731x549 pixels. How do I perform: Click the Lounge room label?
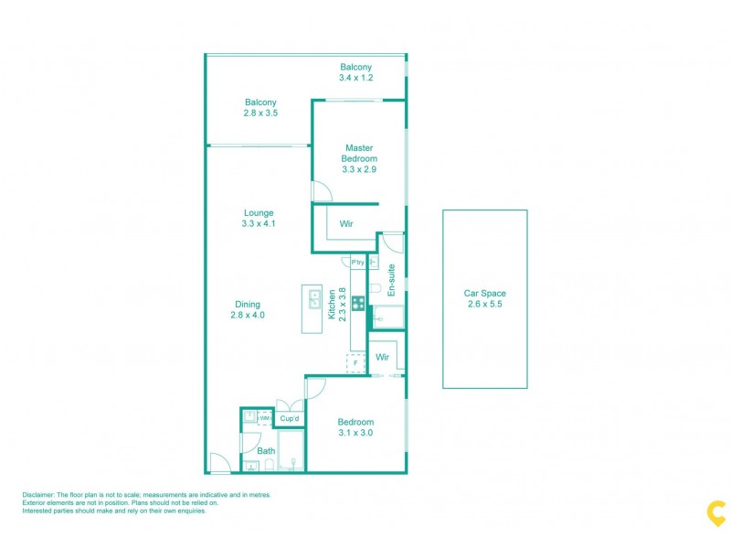point(259,218)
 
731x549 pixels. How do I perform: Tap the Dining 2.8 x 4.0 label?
point(247,310)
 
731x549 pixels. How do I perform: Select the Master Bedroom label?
point(359,157)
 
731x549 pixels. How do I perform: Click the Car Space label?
point(484,298)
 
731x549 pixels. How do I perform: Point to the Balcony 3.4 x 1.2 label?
point(355,72)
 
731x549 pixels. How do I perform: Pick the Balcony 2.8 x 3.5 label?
point(260,108)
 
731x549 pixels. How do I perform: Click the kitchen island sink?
point(313,299)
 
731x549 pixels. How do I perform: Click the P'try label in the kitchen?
point(358,263)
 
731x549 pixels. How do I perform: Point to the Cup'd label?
point(291,419)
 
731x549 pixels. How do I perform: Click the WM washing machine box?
point(264,418)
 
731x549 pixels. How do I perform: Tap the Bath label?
point(266,451)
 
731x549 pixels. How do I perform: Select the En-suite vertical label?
point(391,280)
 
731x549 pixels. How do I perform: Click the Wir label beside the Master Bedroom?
point(347,224)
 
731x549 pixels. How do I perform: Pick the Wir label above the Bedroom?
point(383,357)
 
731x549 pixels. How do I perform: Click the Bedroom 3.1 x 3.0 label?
point(355,427)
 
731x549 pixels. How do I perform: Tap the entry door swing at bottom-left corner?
point(219,464)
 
